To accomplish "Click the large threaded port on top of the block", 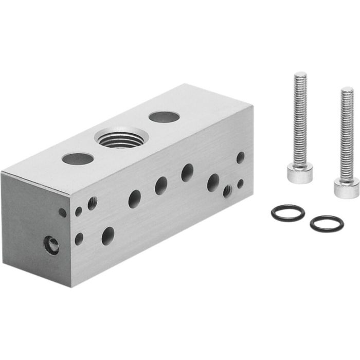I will [121, 138].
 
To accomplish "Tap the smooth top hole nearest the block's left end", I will [78, 158].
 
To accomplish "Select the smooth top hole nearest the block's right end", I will [164, 117].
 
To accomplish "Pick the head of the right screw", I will [346, 187].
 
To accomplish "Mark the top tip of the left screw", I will [300, 75].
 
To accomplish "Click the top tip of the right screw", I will [348, 89].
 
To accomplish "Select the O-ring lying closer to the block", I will [287, 212].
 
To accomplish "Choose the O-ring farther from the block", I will [327, 224].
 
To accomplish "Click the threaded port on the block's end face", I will [51, 246].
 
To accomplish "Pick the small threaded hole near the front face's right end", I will [227, 192].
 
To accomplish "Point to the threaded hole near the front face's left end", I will [92, 203].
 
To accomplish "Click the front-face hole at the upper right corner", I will [240, 157].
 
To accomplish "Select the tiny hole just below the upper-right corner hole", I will [240, 183].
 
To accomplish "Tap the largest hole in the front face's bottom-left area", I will [108, 236].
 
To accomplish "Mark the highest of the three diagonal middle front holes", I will [187, 173].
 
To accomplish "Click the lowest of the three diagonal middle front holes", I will [135, 199].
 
